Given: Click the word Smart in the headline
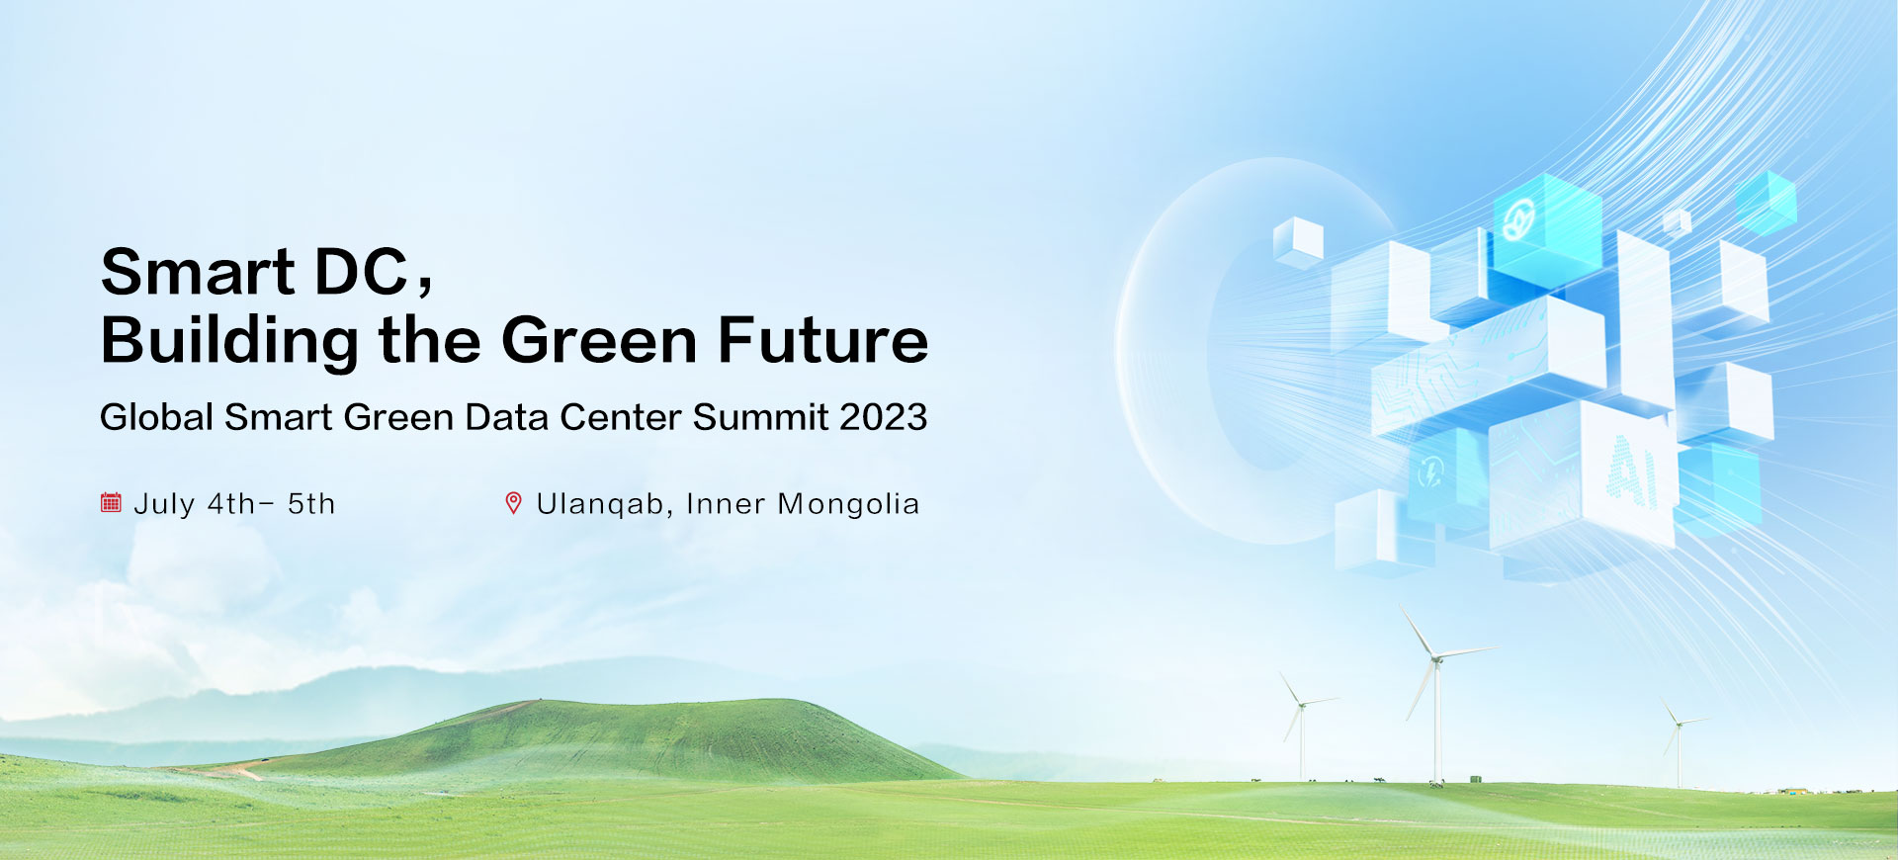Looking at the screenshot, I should pos(198,272).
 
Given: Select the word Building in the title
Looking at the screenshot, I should pos(228,341).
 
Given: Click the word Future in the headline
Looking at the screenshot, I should pos(822,341).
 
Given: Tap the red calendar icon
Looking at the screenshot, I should pos(111,503).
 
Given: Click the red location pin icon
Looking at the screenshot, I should pos(513,503).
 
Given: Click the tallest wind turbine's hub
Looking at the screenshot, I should pos(1436,657).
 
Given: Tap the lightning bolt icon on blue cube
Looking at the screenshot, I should pos(1430,473).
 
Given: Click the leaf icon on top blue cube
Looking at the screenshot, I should pos(1517,219).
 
